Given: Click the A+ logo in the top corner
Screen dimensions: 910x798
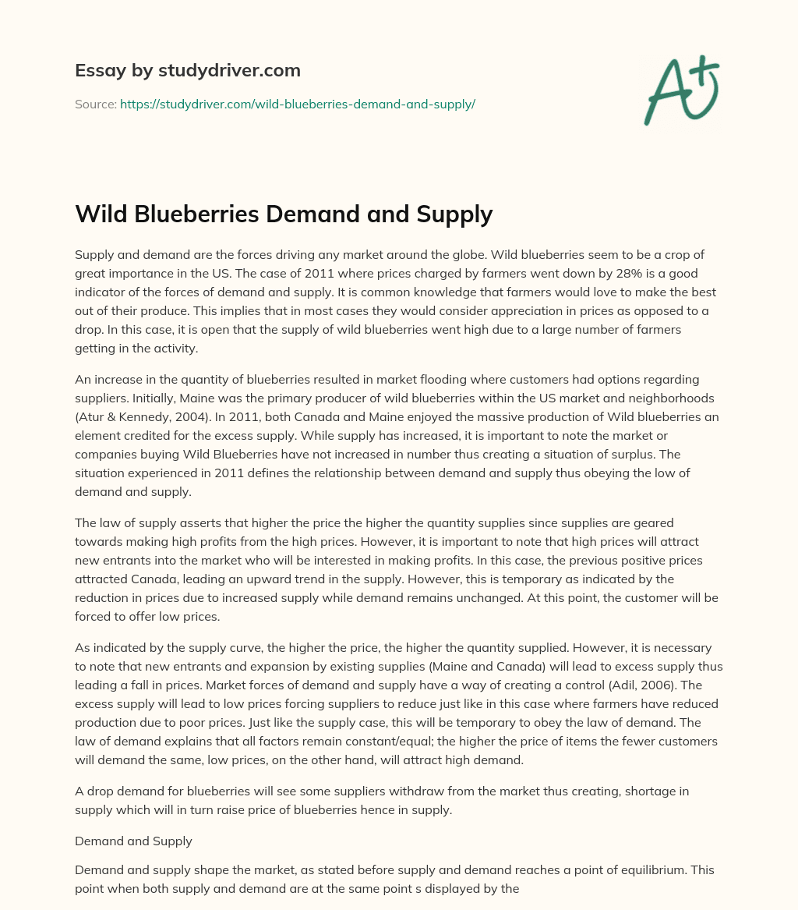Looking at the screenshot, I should click(x=680, y=89).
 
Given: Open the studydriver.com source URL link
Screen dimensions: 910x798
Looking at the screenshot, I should click(x=297, y=104).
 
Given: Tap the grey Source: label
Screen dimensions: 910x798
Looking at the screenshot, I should click(x=95, y=104).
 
